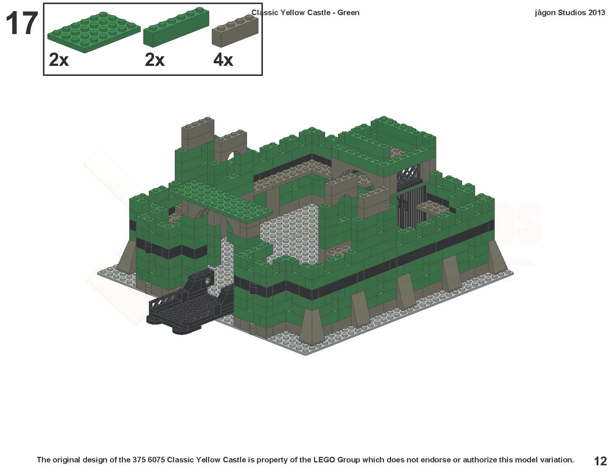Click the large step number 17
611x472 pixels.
(21, 24)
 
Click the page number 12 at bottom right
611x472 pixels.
(600, 461)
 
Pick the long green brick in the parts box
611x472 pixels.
(176, 29)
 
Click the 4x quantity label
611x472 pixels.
(223, 60)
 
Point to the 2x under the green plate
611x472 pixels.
(59, 60)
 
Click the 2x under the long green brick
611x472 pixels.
(154, 60)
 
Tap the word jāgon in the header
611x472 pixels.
(545, 13)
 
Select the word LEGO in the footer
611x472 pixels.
(325, 460)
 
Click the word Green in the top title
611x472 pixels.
(348, 13)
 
